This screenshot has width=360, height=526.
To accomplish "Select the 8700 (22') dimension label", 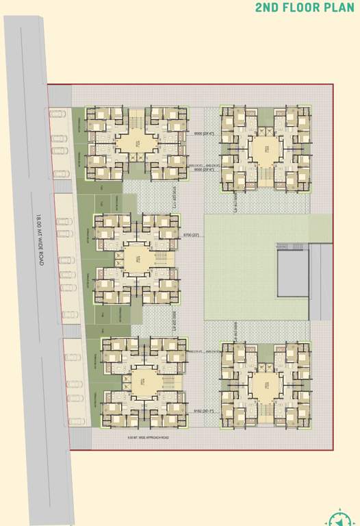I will pyautogui.click(x=190, y=236).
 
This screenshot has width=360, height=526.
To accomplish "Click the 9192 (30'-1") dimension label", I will pyautogui.click(x=192, y=411).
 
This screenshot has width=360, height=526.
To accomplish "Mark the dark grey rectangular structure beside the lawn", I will pyautogui.click(x=294, y=273).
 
